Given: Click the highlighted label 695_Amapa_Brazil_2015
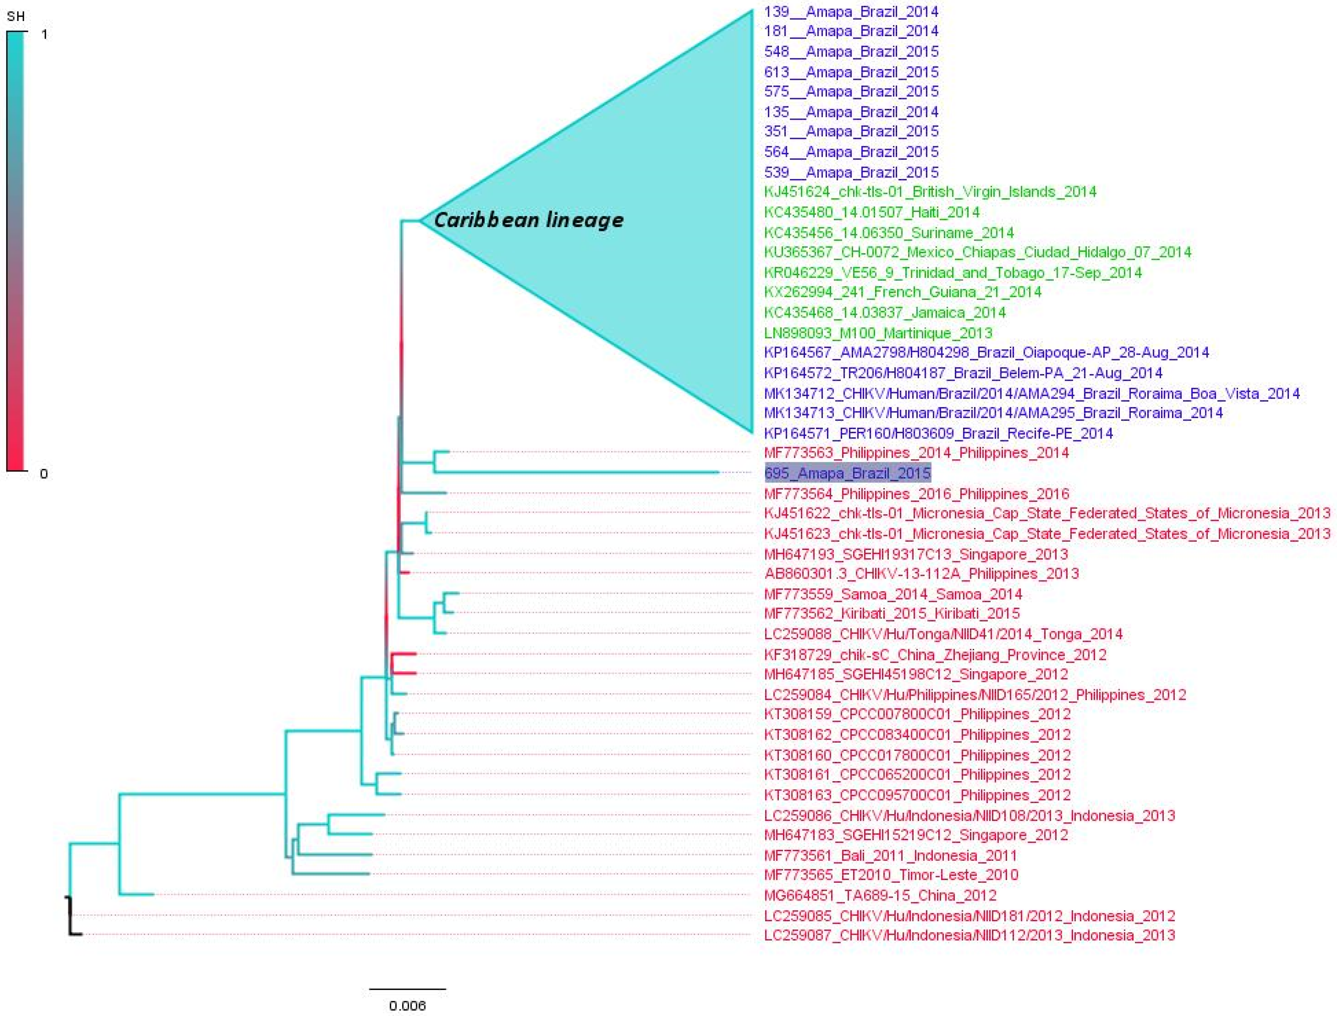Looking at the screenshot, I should point(847,473).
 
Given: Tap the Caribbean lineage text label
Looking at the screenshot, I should point(528,220).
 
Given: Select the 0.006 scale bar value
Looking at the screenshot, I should point(407,1005).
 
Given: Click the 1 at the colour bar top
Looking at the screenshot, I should point(44,35).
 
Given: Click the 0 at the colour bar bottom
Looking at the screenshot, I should point(44,473).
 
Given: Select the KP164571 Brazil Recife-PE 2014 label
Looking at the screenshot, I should point(938,433).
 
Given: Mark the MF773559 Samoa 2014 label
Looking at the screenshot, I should point(893,594).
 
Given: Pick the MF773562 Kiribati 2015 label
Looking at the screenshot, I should point(892,613).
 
